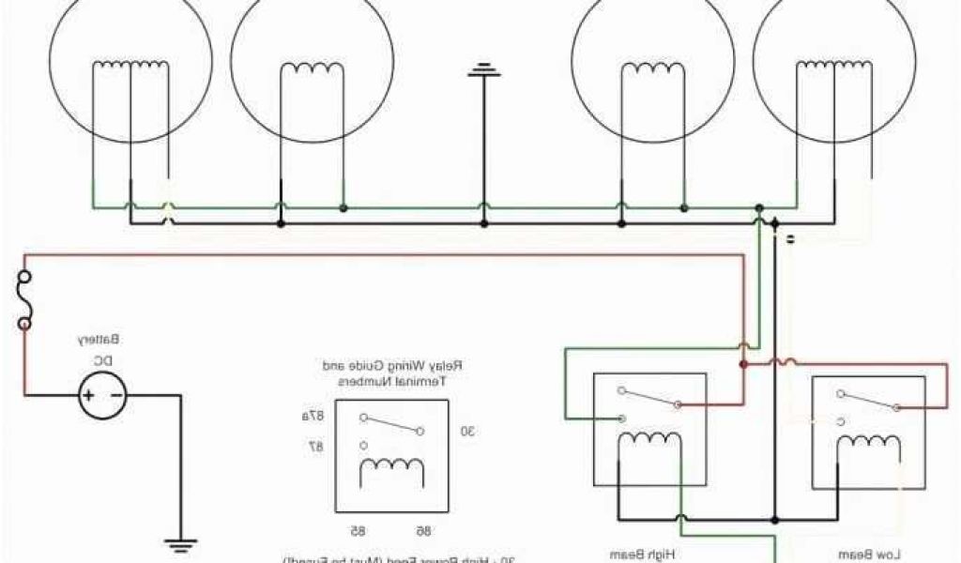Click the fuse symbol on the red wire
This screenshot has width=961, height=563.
click(x=23, y=300)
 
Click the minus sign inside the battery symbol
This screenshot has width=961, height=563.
click(x=115, y=395)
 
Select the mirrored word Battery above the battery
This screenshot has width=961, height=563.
click(x=103, y=339)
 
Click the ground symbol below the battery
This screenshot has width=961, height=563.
click(x=179, y=541)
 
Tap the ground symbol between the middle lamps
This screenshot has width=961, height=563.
click(x=484, y=69)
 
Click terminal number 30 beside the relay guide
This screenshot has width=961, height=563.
click(x=466, y=431)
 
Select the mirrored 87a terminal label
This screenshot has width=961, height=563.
click(x=312, y=416)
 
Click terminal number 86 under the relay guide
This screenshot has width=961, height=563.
click(x=422, y=530)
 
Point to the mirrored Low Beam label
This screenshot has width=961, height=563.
click(x=867, y=555)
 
